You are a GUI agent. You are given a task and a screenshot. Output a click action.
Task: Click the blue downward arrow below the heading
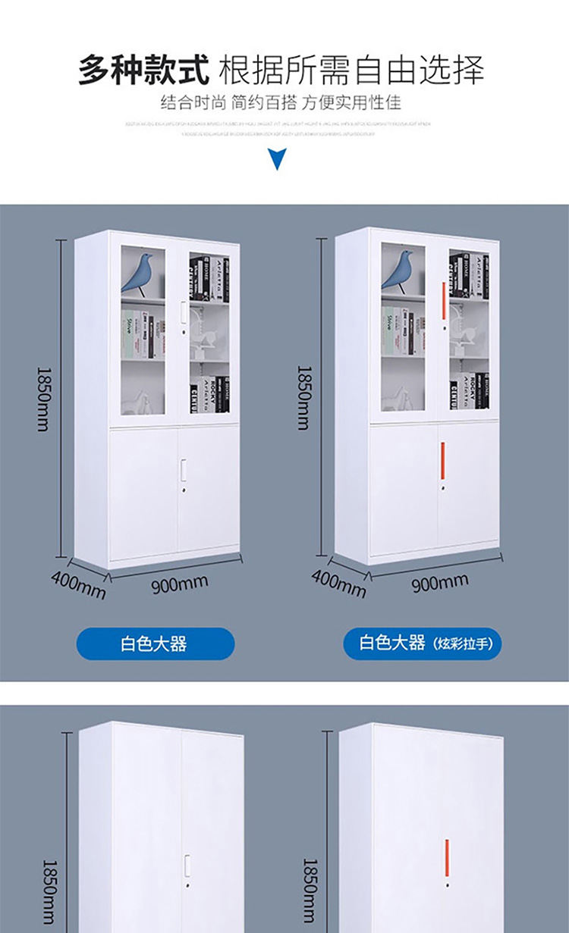[x=278, y=159]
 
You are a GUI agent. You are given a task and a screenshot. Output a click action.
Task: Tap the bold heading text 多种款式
[x=143, y=70]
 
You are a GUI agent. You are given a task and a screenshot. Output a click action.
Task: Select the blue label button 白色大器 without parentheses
[x=155, y=644]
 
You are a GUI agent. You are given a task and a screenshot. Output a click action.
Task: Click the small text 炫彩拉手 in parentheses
[x=464, y=645]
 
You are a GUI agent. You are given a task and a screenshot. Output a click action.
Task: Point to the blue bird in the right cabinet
[x=399, y=270]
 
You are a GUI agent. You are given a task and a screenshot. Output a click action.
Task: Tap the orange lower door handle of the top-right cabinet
[x=443, y=461]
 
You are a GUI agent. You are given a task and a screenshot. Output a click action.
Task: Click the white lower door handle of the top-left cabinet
[x=183, y=470]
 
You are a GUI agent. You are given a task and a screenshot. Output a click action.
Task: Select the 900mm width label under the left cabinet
[x=179, y=584]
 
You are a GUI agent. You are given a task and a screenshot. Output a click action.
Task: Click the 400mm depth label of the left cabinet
[x=78, y=584]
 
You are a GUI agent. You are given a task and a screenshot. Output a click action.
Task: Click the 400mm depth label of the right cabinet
[x=338, y=583]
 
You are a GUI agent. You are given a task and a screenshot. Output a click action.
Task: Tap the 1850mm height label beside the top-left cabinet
[x=44, y=399]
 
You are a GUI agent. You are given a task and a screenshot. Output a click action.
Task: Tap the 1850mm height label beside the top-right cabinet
[x=304, y=397]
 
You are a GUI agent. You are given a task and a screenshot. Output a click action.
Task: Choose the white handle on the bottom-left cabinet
[x=187, y=866]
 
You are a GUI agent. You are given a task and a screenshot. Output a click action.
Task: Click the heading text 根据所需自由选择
[x=351, y=70]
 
